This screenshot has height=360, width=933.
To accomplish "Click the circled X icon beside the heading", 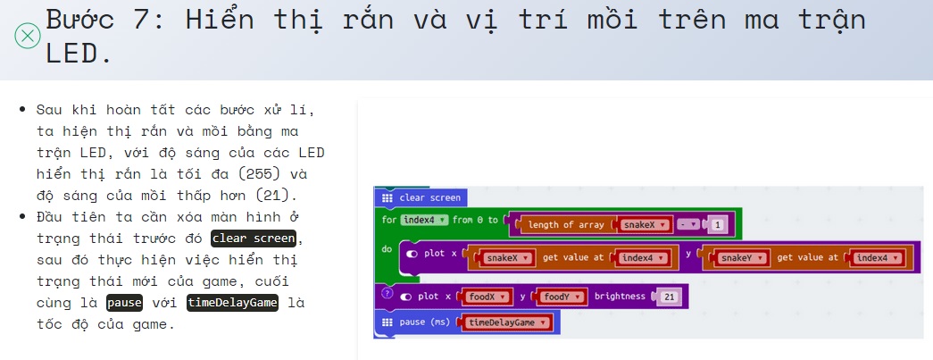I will click(x=28, y=36).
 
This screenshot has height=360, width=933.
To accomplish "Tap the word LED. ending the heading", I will click(x=79, y=54).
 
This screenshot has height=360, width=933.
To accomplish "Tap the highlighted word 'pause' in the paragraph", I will click(x=124, y=303).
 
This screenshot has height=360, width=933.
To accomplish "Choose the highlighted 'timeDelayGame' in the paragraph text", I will click(x=232, y=303).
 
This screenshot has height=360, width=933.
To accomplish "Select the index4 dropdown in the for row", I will click(x=424, y=220).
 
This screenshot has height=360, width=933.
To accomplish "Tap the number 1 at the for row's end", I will click(x=718, y=225).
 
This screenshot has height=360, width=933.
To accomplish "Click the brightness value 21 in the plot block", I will click(x=669, y=297).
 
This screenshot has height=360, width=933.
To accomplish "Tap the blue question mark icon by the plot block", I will click(x=387, y=293).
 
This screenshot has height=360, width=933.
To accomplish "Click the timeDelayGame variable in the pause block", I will click(x=505, y=322).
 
